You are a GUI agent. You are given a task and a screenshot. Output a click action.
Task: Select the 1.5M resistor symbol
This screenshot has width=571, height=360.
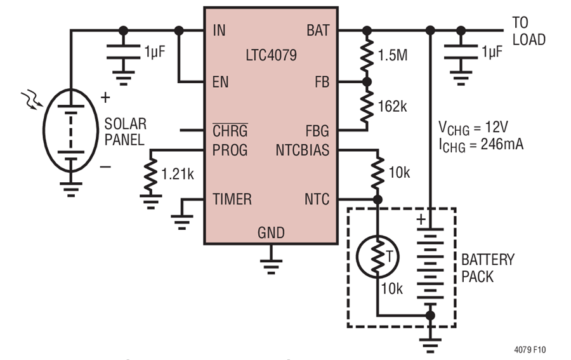[365, 57]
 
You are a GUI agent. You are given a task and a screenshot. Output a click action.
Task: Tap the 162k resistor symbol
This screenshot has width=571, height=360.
[365, 106]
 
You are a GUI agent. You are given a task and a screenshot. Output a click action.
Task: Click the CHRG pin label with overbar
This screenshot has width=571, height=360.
[229, 131]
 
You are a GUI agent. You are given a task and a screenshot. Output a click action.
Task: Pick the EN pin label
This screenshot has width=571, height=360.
[220, 83]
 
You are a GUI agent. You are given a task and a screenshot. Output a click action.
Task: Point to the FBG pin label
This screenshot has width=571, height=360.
[317, 131]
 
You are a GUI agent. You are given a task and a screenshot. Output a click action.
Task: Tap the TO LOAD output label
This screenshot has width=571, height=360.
[528, 31]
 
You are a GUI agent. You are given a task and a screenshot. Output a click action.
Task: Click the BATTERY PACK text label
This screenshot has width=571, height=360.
[487, 268]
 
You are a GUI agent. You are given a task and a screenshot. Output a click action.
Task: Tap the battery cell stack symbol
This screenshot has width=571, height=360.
[431, 266]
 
